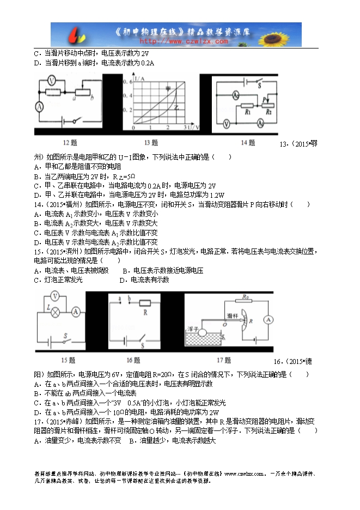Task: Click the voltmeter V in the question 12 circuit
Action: pyautogui.click(x=50, y=80)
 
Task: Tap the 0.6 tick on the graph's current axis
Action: pyautogui.click(x=129, y=81)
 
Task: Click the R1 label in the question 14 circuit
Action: pyautogui.click(x=247, y=112)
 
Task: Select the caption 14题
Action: pyautogui.click(x=248, y=143)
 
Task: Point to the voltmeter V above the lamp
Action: pyautogui.click(x=54, y=296)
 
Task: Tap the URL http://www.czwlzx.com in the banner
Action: pyautogui.click(x=184, y=41)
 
